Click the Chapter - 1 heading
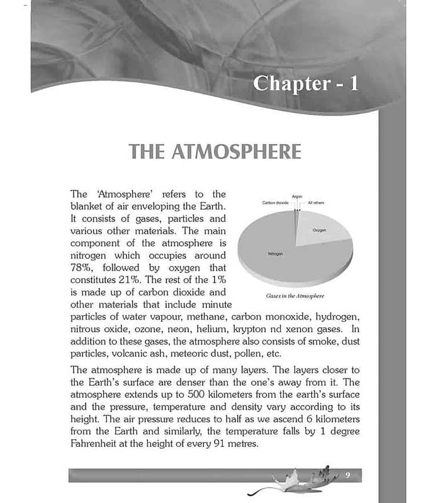click(305, 84)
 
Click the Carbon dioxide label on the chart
click(275, 203)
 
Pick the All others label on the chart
click(316, 203)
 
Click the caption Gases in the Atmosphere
click(291, 294)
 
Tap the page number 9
click(347, 475)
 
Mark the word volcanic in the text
click(129, 353)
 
